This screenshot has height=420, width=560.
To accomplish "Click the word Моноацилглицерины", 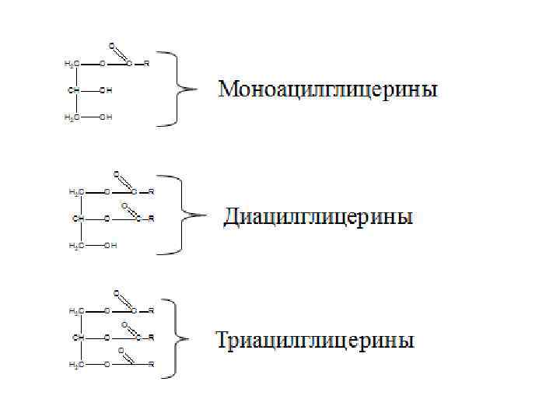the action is click(327, 89).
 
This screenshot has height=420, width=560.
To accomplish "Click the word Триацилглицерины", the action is click(314, 341).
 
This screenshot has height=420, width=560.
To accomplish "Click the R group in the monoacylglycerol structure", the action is click(146, 62).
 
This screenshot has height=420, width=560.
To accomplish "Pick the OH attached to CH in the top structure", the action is click(107, 90).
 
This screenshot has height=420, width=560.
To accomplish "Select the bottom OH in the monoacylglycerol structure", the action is click(107, 117).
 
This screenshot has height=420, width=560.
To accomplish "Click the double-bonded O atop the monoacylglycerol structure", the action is click(112, 44).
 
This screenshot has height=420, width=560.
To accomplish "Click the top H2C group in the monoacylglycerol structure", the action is click(71, 62).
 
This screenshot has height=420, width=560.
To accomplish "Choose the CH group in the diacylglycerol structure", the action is click(78, 219).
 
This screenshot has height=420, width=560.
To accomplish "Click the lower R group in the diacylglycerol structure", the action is click(152, 219).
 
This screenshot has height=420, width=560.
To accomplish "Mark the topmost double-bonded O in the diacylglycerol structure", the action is click(117, 173).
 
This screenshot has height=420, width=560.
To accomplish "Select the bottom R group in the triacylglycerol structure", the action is click(151, 364).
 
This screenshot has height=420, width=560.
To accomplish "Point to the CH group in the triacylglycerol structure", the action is click(78, 338).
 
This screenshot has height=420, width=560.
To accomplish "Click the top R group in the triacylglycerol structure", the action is click(151, 310).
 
